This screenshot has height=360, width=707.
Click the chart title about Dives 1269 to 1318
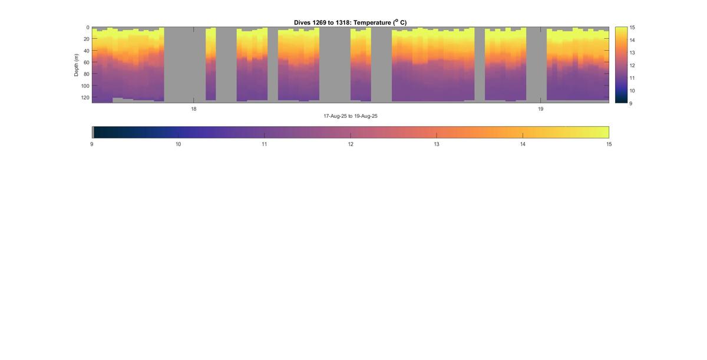pos(350,22)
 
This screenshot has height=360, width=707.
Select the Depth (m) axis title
pos(77,65)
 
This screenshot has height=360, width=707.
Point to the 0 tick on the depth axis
pos(88,28)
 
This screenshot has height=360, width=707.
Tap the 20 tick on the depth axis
pos(86,39)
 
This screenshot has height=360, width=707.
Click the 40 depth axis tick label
pos(86,51)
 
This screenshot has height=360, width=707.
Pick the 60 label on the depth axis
pos(86,62)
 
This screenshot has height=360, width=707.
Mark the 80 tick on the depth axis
pos(86,74)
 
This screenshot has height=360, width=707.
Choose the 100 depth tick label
pos(85,86)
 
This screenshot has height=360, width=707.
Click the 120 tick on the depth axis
pos(85,97)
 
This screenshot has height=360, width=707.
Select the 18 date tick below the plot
pos(193,109)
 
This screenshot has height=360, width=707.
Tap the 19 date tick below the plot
pos(540,109)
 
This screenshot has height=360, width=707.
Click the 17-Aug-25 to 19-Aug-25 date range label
pos(350,116)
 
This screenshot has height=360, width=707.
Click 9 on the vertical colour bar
pos(631,103)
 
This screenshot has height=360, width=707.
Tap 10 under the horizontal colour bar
pos(178,144)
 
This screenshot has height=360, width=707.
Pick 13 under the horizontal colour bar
pos(437,144)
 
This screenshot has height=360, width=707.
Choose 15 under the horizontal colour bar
pos(609,144)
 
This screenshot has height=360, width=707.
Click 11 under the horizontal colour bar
pos(264,144)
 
